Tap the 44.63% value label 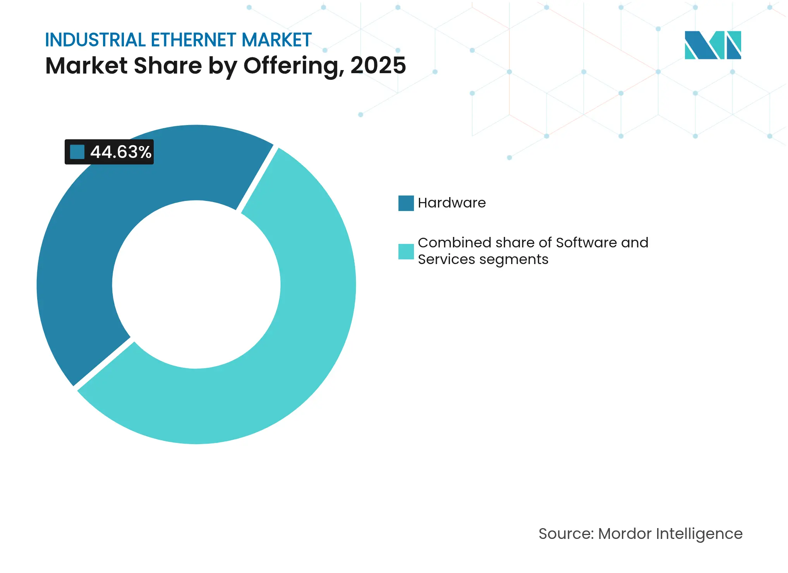coord(120,152)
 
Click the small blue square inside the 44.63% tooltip coord(77,152)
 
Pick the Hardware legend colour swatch coord(406,203)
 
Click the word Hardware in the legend coord(452,203)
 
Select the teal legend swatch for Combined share coord(406,252)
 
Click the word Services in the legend coord(446,259)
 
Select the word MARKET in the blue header coord(276,40)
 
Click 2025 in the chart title coord(378,65)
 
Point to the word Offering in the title coord(294,66)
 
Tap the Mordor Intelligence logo coord(712,45)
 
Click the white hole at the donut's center coord(196,285)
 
